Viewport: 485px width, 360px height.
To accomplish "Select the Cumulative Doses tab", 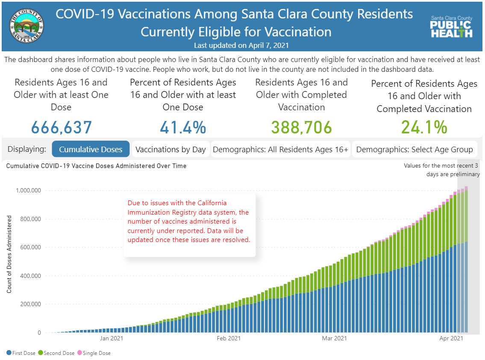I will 91,149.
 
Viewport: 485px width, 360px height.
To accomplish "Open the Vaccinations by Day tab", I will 170,149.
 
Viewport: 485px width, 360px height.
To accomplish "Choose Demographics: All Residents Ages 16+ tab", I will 281,149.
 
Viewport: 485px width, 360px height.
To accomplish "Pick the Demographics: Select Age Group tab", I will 414,149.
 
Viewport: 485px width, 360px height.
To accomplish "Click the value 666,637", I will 61,127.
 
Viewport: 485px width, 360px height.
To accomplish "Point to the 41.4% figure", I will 183,127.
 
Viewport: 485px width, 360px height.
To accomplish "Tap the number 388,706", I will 301,127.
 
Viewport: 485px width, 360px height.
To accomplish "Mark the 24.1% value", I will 424,127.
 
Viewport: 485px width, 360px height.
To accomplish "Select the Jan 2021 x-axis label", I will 112,339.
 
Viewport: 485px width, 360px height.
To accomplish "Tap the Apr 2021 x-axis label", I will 451,339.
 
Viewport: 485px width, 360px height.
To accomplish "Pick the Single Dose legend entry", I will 94,353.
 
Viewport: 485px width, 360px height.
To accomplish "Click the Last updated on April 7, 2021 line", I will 242,45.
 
